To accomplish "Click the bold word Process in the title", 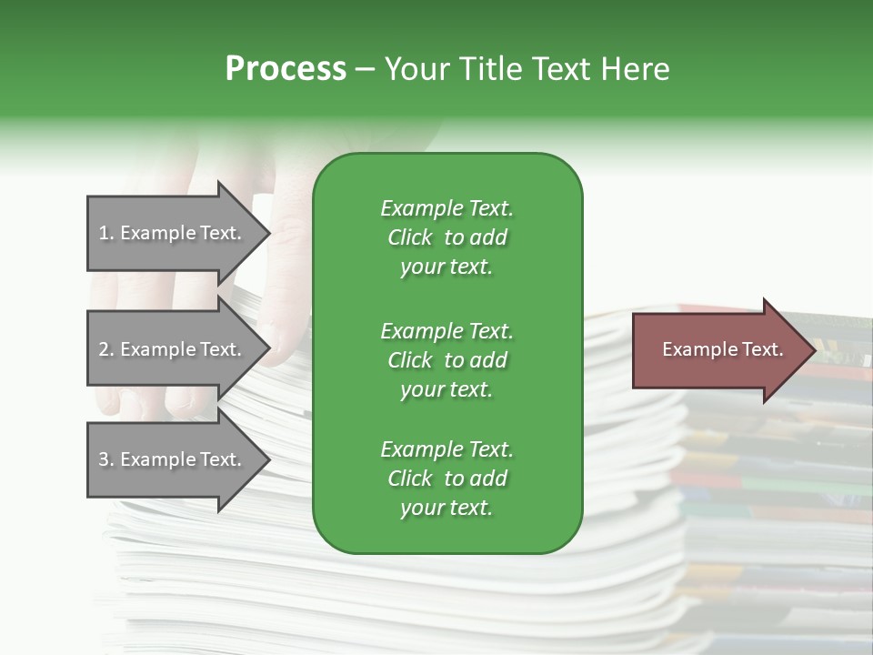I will pos(286,69).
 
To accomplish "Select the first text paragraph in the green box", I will pos(447,237).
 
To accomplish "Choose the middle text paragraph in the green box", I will pos(447,360).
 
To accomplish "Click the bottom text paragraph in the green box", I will pos(447,479).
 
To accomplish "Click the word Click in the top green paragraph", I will pos(410,237).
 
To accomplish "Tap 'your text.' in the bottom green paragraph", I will pos(447,508).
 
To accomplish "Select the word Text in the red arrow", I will pos(763,349).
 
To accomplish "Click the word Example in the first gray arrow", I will pos(158,233).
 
